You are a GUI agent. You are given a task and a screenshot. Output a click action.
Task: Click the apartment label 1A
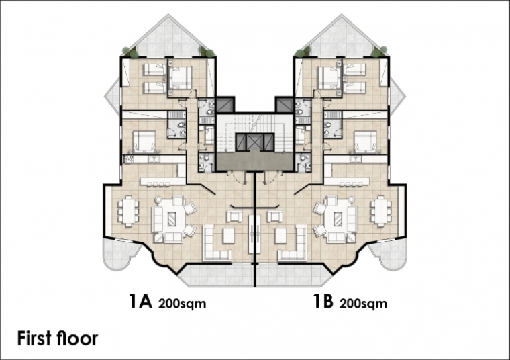click(140, 301)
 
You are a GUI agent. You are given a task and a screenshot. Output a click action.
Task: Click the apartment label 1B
click(323, 301)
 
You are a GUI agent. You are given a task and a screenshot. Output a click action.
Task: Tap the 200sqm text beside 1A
click(182, 304)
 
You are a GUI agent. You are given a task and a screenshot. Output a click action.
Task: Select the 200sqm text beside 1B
click(363, 304)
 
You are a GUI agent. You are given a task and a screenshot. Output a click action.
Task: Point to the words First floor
click(58, 339)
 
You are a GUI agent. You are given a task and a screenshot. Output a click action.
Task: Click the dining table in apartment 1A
click(128, 211)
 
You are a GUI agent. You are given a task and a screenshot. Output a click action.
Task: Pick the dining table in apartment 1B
click(380, 211)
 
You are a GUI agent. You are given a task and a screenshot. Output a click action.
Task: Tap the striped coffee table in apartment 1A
click(171, 219)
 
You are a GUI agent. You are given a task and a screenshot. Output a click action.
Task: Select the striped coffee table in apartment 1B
click(338, 219)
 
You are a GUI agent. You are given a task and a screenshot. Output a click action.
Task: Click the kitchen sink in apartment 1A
click(154, 159)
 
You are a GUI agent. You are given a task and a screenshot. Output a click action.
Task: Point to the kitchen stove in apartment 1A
click(127, 159)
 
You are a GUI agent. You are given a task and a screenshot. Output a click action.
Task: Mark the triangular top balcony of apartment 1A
click(168, 38)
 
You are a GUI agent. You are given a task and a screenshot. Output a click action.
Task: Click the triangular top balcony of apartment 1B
click(341, 38)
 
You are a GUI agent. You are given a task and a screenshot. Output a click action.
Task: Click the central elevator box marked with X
click(255, 142)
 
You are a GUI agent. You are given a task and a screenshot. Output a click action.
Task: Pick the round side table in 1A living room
click(159, 199)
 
